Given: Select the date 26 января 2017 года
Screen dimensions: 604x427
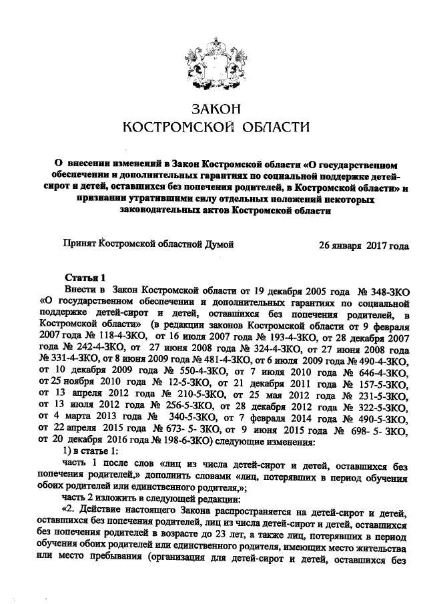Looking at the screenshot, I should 364,245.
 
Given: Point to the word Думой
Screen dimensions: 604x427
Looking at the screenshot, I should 220,245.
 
